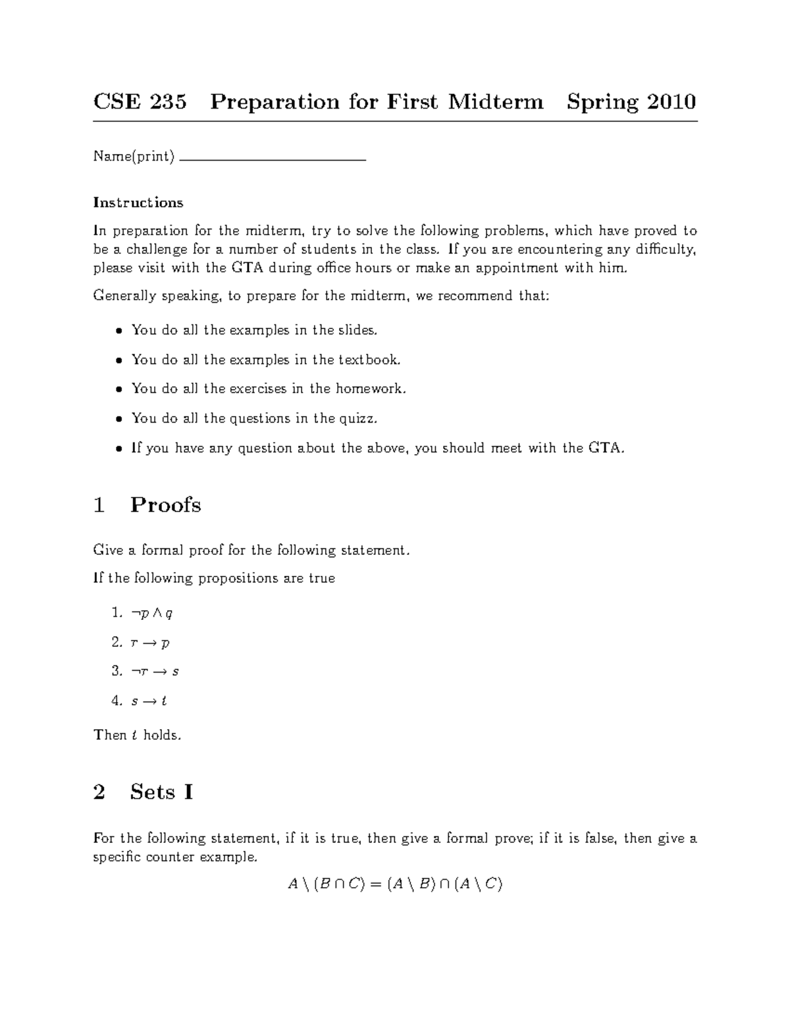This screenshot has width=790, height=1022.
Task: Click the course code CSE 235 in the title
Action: coord(140,102)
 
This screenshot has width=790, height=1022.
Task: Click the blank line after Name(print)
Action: coord(272,159)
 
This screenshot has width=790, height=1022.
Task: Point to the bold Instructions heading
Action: coord(138,202)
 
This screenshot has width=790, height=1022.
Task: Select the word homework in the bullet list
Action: coord(370,388)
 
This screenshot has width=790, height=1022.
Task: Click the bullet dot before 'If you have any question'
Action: coord(118,449)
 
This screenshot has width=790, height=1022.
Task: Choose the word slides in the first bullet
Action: coord(357,330)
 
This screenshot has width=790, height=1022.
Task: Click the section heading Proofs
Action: coord(165,505)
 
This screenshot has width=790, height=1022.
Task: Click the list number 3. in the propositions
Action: coord(117,671)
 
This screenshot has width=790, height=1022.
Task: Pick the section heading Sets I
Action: coord(161,792)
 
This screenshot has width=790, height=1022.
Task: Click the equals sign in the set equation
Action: coord(375,884)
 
